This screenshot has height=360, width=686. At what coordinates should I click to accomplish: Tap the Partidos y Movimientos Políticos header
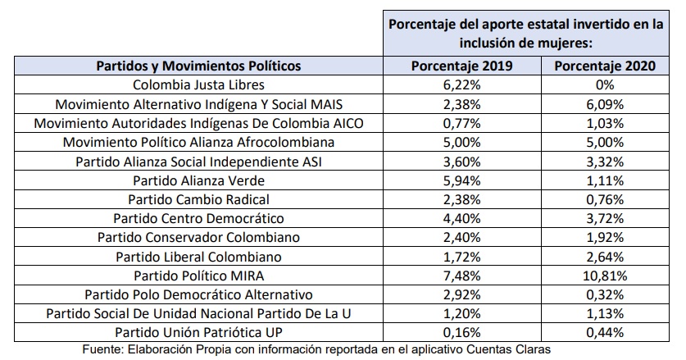(198, 66)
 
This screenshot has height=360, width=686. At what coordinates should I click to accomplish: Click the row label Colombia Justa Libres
(198, 85)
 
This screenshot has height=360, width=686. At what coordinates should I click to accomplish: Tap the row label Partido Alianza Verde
(198, 180)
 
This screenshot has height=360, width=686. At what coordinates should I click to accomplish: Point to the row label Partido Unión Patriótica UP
(198, 331)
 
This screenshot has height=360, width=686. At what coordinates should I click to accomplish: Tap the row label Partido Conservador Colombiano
(198, 237)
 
